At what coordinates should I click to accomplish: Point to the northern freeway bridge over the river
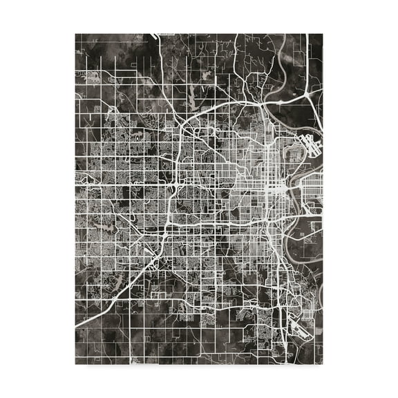[x=274, y=104]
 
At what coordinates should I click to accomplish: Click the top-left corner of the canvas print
[x=75, y=34]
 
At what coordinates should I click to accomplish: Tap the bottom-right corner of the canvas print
[x=323, y=364]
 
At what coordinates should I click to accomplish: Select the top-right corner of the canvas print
[x=323, y=34]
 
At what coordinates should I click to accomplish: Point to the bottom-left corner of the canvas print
[x=75, y=364]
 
